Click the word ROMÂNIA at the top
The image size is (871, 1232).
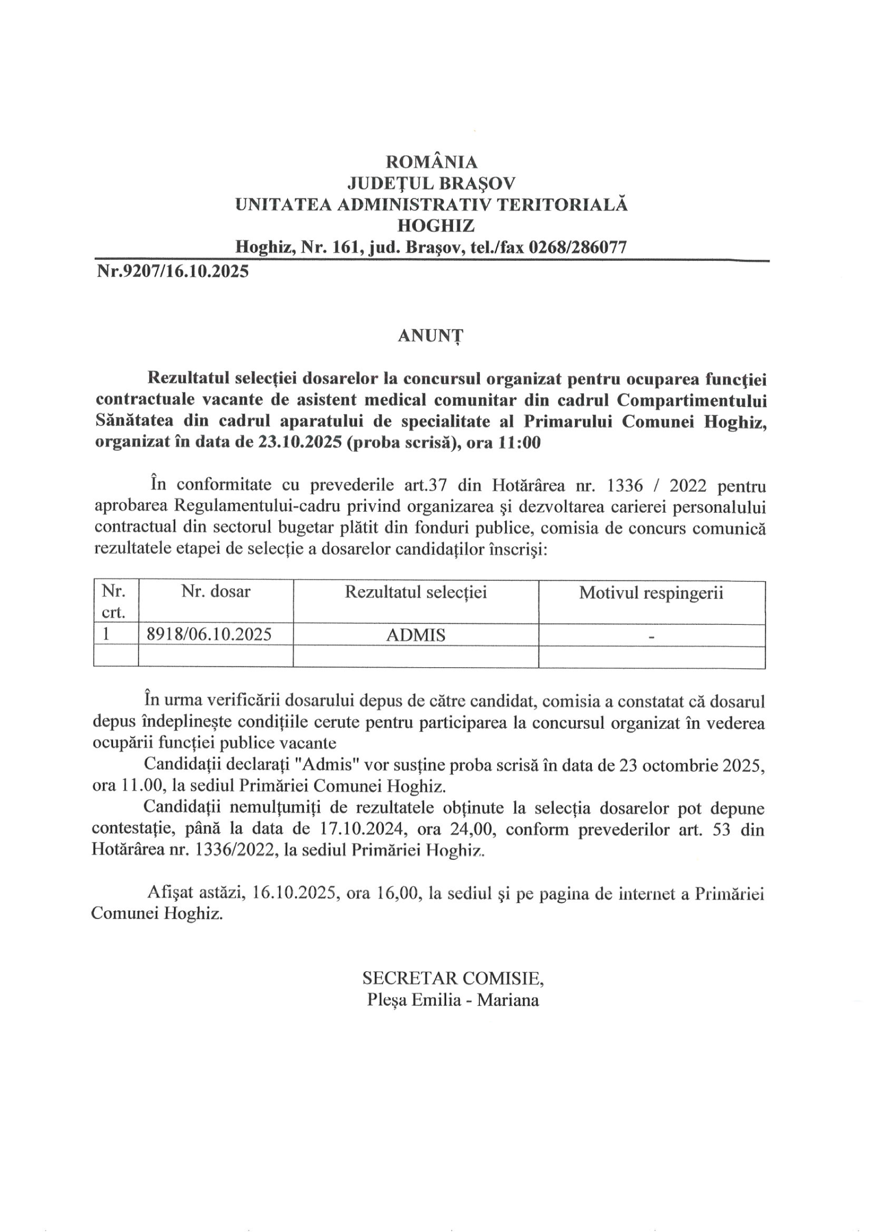coord(431,161)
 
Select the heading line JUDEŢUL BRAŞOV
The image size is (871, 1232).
coord(431,183)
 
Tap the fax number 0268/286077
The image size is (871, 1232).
coord(577,247)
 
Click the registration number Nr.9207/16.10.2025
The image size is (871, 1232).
coord(172,272)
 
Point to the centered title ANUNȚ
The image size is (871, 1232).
coord(431,335)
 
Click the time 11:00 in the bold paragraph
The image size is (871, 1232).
coord(519,443)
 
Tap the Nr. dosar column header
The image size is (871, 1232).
coord(216,592)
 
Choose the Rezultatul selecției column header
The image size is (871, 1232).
coord(415,592)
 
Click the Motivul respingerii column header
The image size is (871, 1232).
coord(651,593)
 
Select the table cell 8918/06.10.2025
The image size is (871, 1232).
coord(209,635)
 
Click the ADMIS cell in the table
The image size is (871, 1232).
coord(416,635)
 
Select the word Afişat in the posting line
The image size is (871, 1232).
coord(168,892)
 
